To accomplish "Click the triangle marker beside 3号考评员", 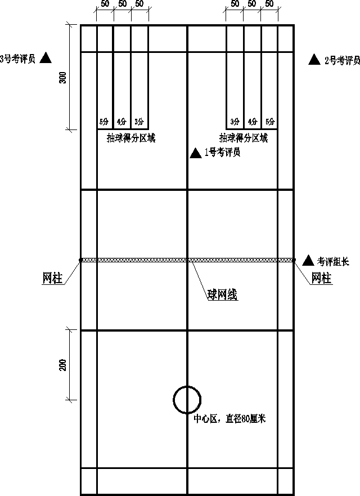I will [46, 58].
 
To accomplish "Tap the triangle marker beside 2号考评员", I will [314, 60].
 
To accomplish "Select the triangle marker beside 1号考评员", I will [195, 153].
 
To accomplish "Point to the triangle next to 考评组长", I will [308, 260].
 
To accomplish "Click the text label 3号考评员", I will [18, 58].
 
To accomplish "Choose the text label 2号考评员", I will [342, 61].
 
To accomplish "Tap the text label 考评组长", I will [333, 261].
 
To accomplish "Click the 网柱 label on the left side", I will [52, 279].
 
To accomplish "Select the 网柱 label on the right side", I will [321, 279].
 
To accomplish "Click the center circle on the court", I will [187, 400].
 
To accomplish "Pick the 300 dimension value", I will [63, 78].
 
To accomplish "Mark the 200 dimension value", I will [63, 365].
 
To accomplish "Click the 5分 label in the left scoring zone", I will [104, 122].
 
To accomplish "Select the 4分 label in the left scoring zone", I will [121, 122].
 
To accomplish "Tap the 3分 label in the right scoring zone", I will [235, 122].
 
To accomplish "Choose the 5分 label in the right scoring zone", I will [269, 122].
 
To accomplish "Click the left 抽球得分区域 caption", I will [131, 137].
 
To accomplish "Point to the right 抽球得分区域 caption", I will [244, 137].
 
